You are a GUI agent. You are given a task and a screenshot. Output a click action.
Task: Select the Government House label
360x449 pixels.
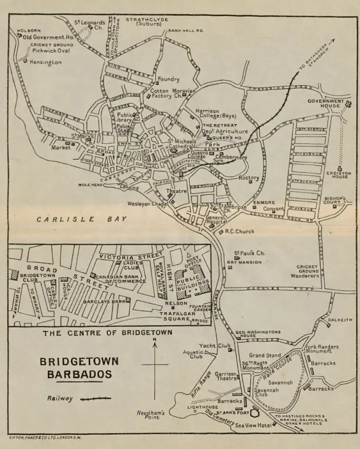pyautogui.click(x=325, y=103)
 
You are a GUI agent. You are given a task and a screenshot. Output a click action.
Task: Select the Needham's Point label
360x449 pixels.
pyautogui.click(x=150, y=415)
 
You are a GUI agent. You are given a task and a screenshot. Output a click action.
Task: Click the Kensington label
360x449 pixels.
pyautogui.click(x=46, y=62)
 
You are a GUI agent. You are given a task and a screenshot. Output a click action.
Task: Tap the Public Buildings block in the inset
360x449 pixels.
pyautogui.click(x=190, y=282)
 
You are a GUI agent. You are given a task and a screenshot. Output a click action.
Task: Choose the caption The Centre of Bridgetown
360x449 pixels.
pyautogui.click(x=107, y=333)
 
